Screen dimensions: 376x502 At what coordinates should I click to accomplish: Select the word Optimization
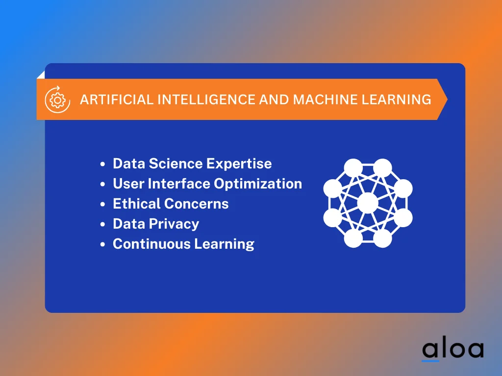[x=258, y=184]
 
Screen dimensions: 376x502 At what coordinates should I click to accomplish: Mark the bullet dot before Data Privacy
[x=102, y=224]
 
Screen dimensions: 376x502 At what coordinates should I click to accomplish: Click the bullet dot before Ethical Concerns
[x=102, y=204]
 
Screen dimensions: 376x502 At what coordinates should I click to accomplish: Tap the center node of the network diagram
[x=368, y=203]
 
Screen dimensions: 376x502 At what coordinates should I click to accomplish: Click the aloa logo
[x=452, y=349]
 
